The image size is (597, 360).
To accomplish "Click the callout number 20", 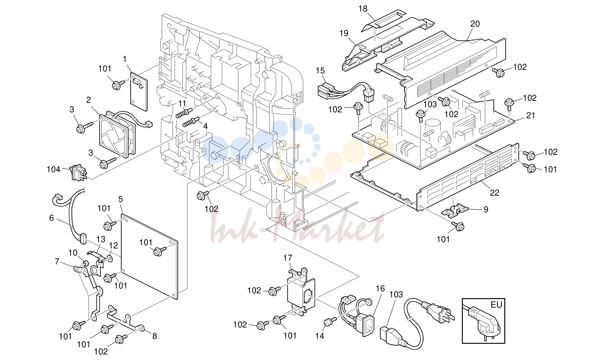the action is (x=475, y=24).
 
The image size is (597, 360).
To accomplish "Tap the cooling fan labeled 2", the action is (x=117, y=135).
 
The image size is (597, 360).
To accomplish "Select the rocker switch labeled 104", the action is (x=77, y=173).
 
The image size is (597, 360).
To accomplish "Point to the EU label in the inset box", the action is (x=496, y=304).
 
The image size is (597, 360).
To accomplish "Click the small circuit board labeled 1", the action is (x=139, y=91).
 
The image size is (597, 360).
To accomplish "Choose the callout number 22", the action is (x=495, y=193).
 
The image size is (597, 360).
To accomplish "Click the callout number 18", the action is (x=363, y=9).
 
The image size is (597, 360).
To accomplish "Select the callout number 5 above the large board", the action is (x=121, y=199).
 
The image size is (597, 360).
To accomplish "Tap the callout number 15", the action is (x=320, y=71).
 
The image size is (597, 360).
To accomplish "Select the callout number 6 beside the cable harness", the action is (x=52, y=218).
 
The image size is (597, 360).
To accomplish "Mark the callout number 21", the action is (x=531, y=116).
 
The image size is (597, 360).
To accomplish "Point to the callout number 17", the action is (x=287, y=258).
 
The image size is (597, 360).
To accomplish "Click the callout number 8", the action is (x=154, y=336).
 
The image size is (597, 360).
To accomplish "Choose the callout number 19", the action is (x=344, y=33).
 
